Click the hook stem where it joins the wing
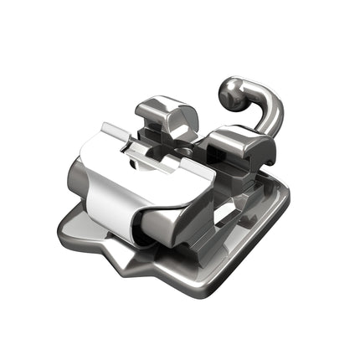[x=266, y=132]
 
